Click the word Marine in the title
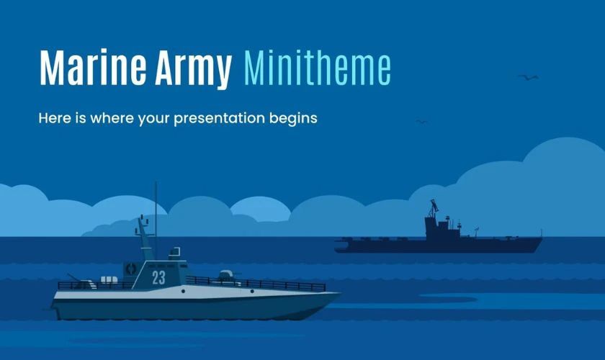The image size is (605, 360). tap(93, 67)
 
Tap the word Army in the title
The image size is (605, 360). tap(193, 69)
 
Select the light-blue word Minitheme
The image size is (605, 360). tap(318, 68)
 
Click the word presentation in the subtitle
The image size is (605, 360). tap(219, 119)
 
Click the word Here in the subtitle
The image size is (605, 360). tap(55, 117)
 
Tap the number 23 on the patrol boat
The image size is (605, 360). tap(158, 277)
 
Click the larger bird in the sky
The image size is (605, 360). tap(528, 77)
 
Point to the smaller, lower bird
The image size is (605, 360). tap(422, 122)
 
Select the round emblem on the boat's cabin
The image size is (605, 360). tap(131, 269)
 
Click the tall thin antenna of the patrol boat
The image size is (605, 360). tap(156, 220)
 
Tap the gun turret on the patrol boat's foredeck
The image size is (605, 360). tap(226, 276)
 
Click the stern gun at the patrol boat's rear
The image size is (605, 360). tap(79, 282)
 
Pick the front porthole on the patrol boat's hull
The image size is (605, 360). tap(252, 291)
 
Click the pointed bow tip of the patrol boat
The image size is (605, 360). tap(339, 294)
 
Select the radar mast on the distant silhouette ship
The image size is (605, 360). tap(434, 208)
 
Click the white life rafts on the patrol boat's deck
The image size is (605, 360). tap(109, 280)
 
